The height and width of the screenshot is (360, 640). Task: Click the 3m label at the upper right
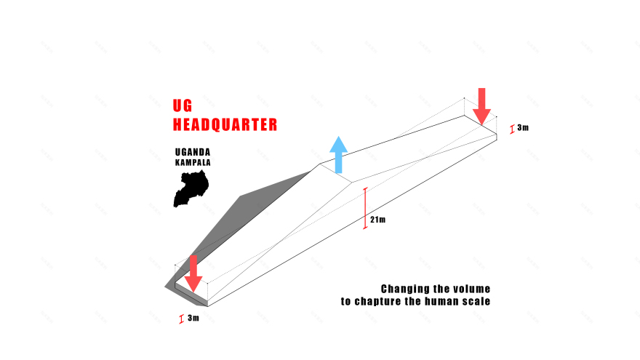pyautogui.click(x=523, y=127)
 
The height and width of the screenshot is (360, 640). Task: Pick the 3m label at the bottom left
pyautogui.click(x=193, y=318)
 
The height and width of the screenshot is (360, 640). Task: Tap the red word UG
pyautogui.click(x=183, y=105)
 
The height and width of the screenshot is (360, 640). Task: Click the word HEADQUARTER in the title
pyautogui.click(x=225, y=124)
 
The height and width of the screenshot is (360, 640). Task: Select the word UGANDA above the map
pyautogui.click(x=193, y=153)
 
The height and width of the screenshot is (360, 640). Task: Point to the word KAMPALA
pyautogui.click(x=193, y=163)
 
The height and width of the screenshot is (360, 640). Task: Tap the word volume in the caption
pyautogui.click(x=470, y=289)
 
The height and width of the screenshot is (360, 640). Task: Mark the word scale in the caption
pyautogui.click(x=476, y=301)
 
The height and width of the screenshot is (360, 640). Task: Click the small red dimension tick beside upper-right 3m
pyautogui.click(x=512, y=129)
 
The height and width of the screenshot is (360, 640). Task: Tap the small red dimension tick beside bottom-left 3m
pyautogui.click(x=181, y=319)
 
